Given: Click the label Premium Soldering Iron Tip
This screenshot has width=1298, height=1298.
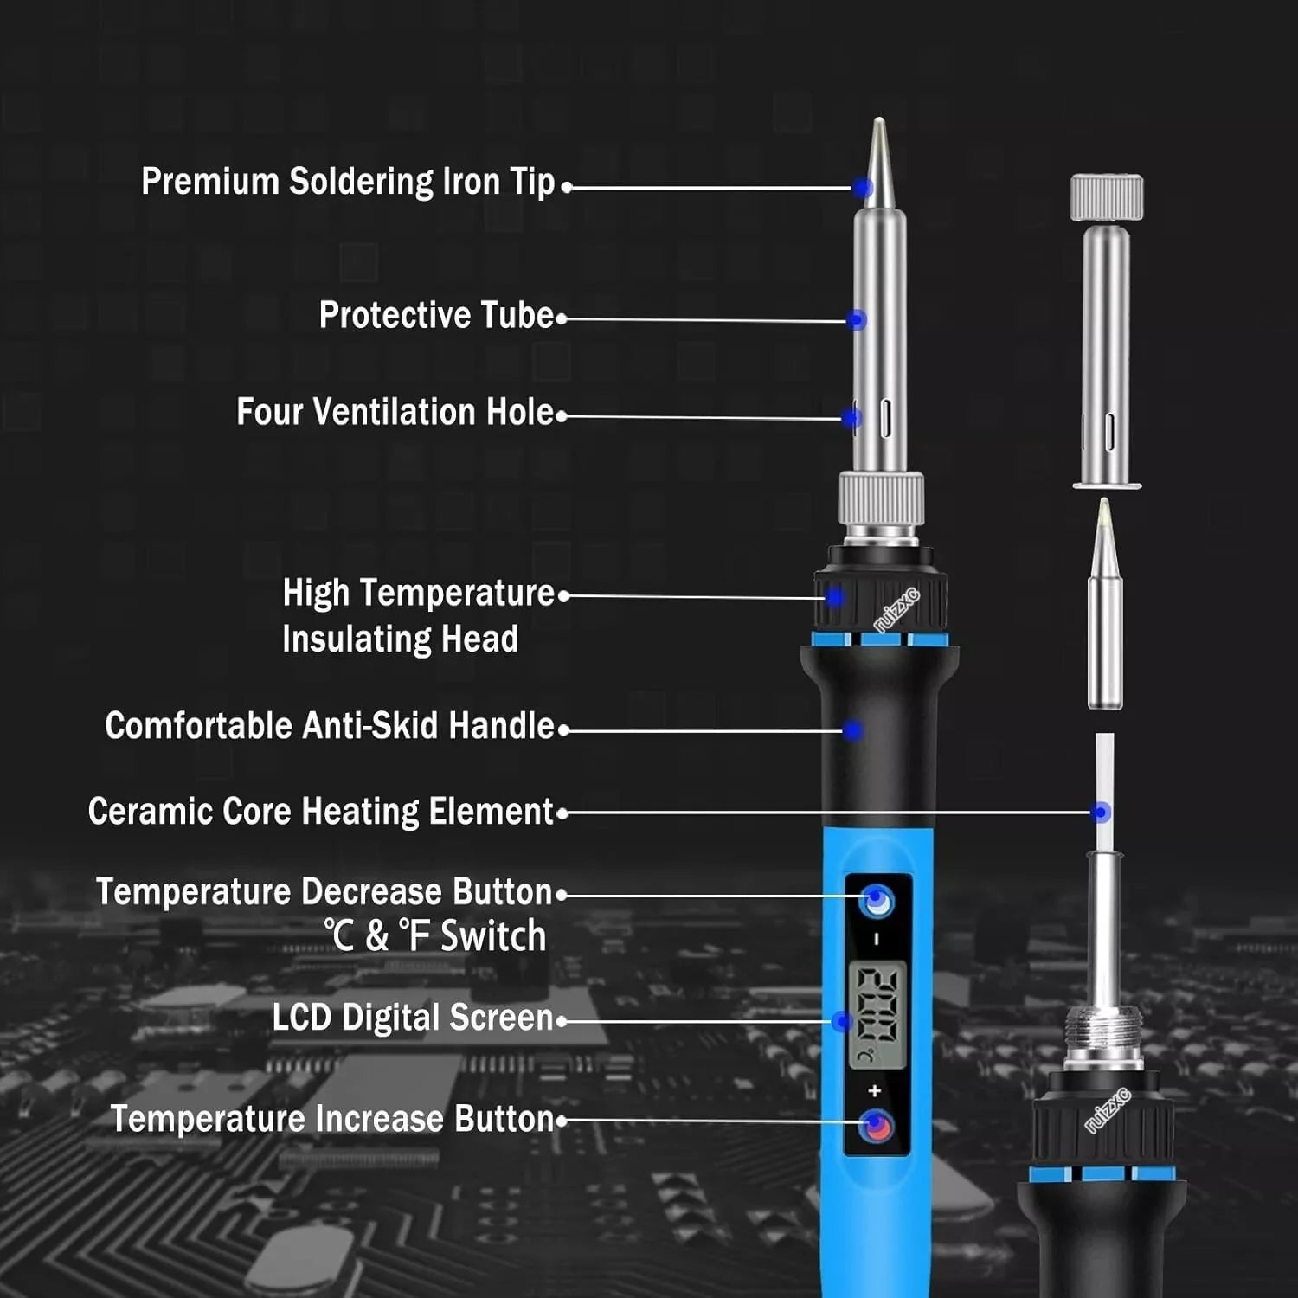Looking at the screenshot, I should (x=348, y=182).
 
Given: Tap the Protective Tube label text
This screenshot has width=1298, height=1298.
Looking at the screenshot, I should (x=436, y=315).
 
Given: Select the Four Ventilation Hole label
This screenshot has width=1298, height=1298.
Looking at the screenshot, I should (x=395, y=412).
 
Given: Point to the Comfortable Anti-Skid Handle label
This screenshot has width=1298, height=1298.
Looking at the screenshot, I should (x=329, y=726).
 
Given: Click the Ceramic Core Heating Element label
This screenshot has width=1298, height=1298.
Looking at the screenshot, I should (x=320, y=812).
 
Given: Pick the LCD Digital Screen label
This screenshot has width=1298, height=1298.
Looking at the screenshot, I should (x=412, y=1018).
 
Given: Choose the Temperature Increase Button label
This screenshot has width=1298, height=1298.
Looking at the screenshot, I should (x=331, y=1119).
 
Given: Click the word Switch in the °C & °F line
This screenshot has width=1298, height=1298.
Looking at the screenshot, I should (x=493, y=936).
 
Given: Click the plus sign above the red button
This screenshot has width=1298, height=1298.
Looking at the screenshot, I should (x=874, y=1090).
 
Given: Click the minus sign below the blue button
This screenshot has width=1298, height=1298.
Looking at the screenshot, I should (x=877, y=939).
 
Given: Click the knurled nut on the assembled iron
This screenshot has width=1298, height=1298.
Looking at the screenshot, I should (x=881, y=498).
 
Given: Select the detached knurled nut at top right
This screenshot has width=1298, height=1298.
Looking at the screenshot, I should (x=1107, y=196).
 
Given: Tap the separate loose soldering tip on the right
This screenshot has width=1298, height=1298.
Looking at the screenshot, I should (x=1105, y=606).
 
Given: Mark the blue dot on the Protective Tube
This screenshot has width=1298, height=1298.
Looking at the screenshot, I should (x=857, y=320).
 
